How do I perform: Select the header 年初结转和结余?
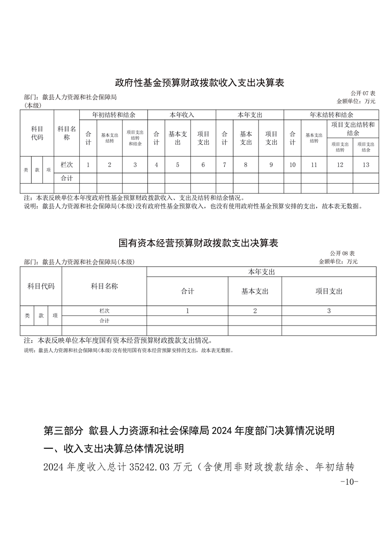[113, 115]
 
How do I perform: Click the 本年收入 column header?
[182, 115]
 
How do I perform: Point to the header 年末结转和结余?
[331, 115]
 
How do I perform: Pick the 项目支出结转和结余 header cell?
[353, 129]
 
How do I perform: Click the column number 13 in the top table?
[366, 164]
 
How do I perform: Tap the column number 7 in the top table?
[224, 164]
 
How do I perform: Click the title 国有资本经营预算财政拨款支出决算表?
[198, 243]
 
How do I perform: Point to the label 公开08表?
[342, 253]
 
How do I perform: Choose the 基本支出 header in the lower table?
[255, 291]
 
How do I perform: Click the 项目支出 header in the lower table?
[329, 291]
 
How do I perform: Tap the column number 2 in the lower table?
[255, 311]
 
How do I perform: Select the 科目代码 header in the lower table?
[41, 286]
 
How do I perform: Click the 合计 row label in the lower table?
[104, 320]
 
